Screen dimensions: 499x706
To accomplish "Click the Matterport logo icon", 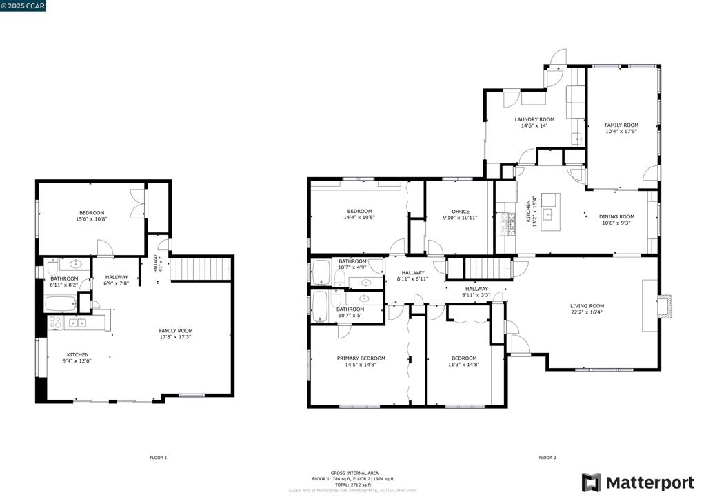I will [591, 482].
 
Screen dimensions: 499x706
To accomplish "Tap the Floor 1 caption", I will [159, 458].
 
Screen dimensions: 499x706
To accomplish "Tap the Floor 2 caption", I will [547, 458].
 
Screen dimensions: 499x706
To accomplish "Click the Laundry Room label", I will [534, 119].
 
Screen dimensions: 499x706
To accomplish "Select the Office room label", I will [461, 212].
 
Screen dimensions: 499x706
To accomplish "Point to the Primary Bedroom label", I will [361, 358].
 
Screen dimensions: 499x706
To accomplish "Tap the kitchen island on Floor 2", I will [550, 211].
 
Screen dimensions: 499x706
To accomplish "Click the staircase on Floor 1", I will [199, 269].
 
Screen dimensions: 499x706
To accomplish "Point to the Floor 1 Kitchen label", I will [77, 354].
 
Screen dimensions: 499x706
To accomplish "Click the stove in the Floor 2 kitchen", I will [511, 222].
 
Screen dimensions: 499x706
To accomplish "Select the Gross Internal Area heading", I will [352, 473].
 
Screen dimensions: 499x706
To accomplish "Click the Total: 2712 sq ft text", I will [352, 485].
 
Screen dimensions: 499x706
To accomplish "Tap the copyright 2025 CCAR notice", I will [24, 6].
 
